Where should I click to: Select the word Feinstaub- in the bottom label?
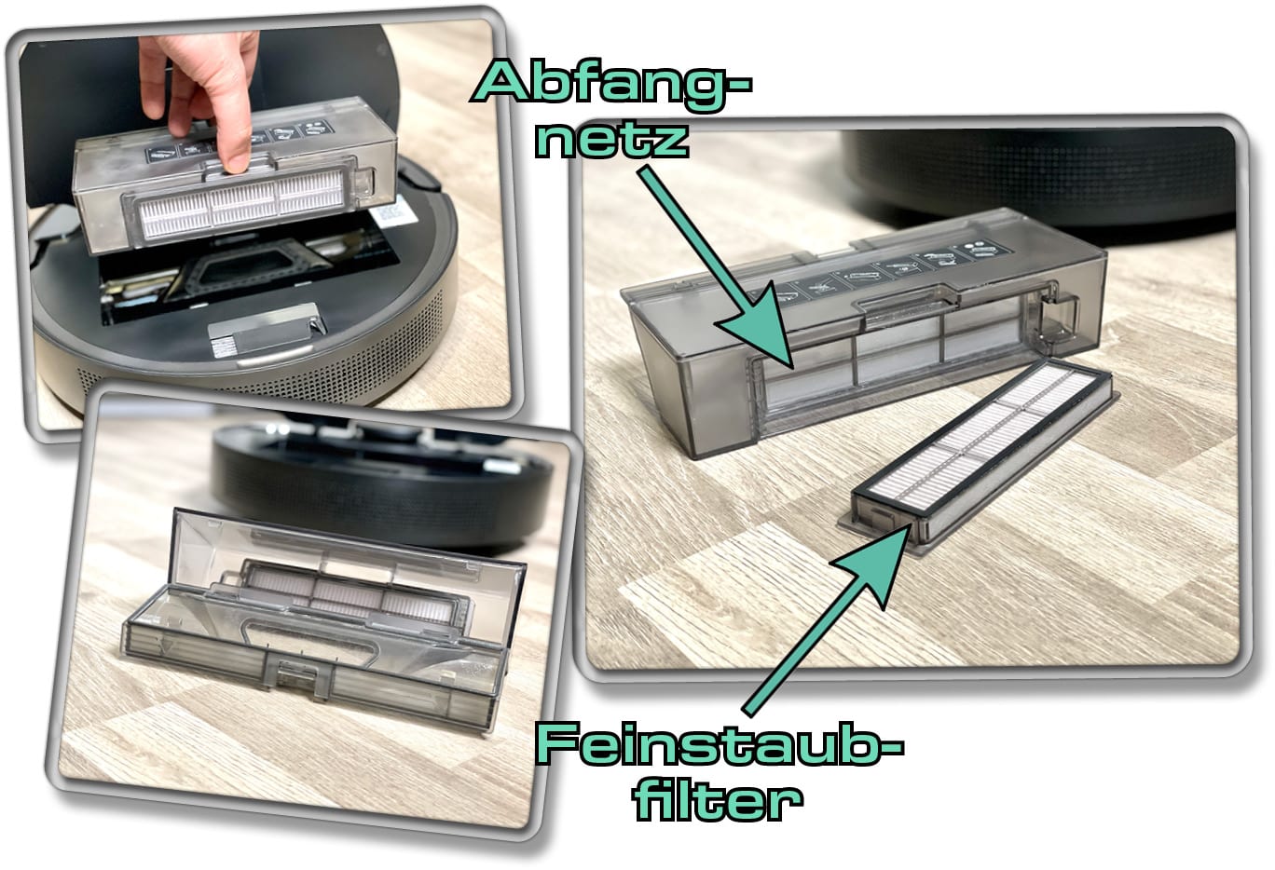[720, 746]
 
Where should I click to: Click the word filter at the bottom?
[719, 800]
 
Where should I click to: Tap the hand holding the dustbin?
[199, 91]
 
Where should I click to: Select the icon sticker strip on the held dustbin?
[238, 142]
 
